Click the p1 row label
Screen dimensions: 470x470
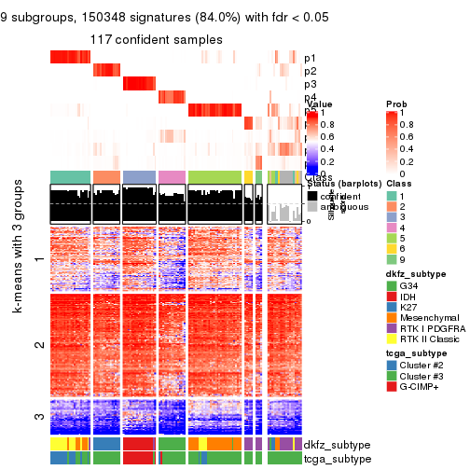tap(311, 58)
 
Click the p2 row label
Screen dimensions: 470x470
tap(311, 71)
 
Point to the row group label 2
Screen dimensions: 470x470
tap(38, 345)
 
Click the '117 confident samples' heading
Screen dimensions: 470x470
tap(157, 39)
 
